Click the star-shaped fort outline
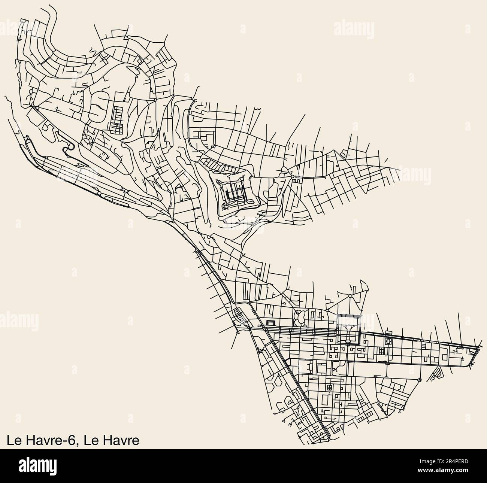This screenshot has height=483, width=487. pyautogui.click(x=234, y=193)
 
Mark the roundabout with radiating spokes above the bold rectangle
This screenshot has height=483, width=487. pyautogui.click(x=350, y=296)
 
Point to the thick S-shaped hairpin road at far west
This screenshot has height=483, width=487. pyautogui.click(x=69, y=149)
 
